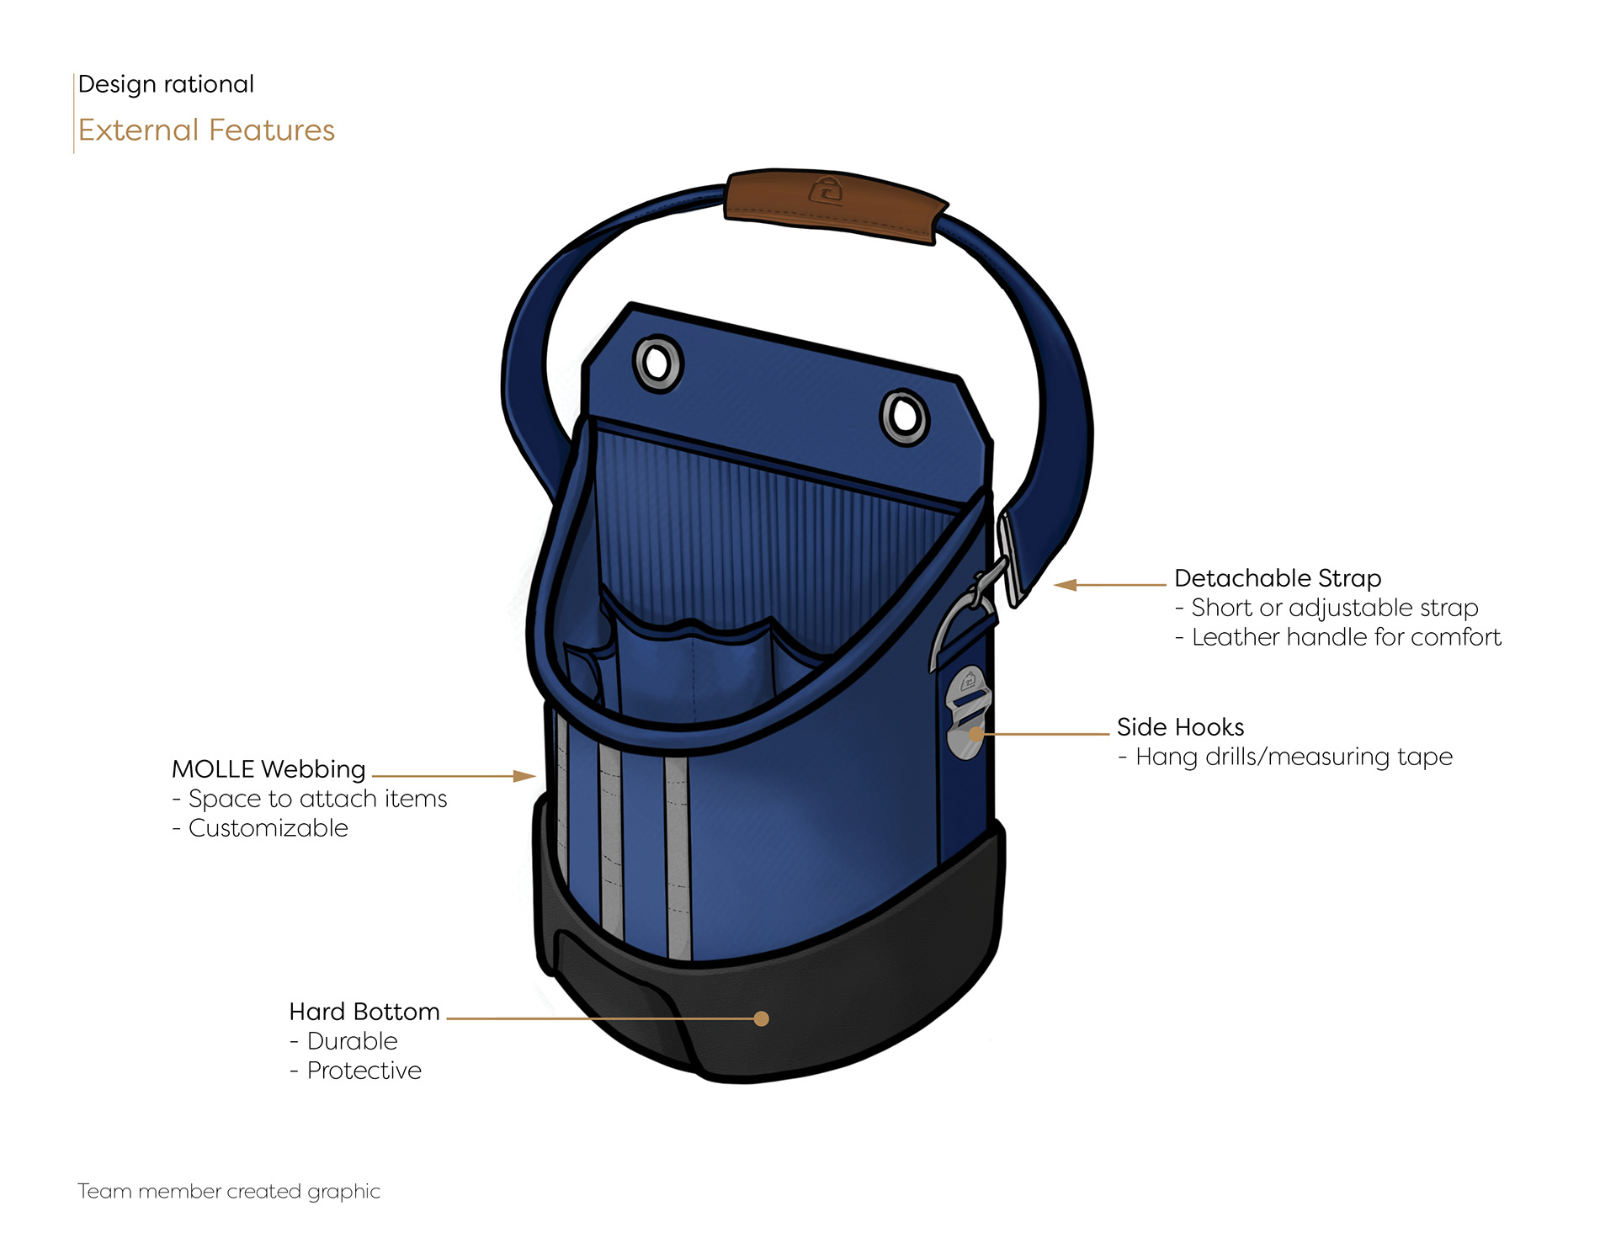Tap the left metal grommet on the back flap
click(657, 364)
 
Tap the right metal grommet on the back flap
click(904, 417)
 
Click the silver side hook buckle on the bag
click(968, 711)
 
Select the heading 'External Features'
click(206, 130)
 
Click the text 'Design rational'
click(166, 84)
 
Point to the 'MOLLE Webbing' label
click(268, 769)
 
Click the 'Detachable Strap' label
click(1277, 578)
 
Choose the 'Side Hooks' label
click(1180, 727)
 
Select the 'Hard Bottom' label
click(364, 1012)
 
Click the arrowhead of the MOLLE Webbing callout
click(526, 776)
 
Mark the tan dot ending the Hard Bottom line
click(762, 1018)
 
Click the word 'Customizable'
click(268, 828)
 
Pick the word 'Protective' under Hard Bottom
click(364, 1071)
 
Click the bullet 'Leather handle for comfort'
click(1346, 637)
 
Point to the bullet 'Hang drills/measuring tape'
click(1294, 757)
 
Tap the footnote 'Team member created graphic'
click(229, 1191)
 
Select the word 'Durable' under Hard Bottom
click(352, 1041)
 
